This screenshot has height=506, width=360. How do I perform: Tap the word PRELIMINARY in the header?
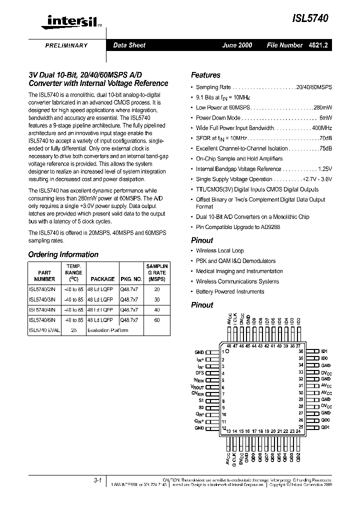66,45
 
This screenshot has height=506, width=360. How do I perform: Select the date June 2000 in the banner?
237,45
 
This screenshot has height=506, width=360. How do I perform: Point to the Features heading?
205,75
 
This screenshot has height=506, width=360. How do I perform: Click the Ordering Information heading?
63,254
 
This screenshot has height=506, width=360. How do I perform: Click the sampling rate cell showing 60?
157,320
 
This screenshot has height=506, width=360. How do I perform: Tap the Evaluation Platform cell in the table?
107,330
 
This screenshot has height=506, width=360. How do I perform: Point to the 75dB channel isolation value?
325,148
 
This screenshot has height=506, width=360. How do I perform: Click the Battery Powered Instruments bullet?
230,291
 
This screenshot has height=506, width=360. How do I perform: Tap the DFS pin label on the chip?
199,373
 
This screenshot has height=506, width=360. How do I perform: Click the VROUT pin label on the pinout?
197,387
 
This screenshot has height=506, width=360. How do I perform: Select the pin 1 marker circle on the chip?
234,351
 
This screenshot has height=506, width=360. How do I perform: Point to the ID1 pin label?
324,351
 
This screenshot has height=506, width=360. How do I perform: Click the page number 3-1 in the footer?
97,480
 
